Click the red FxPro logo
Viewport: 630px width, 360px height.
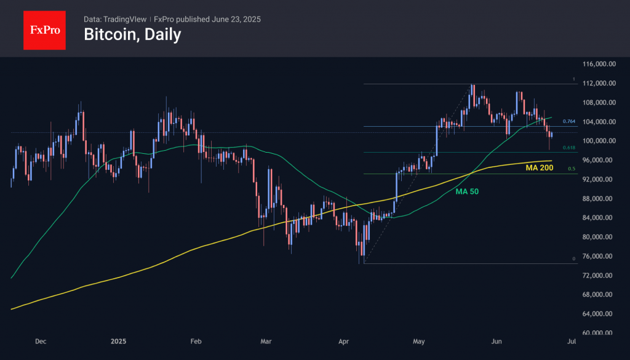44,28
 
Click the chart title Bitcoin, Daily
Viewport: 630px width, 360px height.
132,34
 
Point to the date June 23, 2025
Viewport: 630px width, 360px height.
236,19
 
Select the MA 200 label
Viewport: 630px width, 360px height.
539,167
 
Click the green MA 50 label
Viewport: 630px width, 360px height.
467,192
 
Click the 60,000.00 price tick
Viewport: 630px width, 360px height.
600,333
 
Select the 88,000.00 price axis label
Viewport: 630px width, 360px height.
600,199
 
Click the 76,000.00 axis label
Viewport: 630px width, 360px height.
600,256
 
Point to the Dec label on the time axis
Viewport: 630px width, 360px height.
41,340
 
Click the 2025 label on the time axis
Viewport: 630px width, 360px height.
118,340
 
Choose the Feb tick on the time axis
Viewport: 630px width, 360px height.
196,340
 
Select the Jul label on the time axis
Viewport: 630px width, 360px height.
571,340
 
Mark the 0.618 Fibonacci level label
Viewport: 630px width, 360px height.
568,148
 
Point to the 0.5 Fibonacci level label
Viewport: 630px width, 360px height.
571,169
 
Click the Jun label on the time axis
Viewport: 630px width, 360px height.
495,340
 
